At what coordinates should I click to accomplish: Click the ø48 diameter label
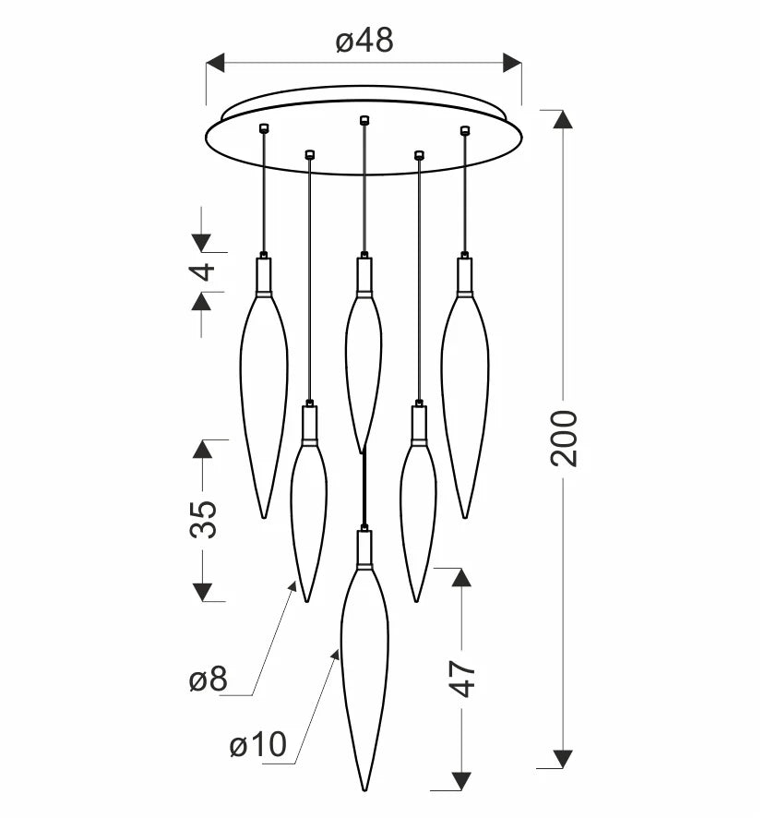[x=364, y=41]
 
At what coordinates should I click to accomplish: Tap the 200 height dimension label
[x=563, y=439]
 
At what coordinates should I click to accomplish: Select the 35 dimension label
[x=203, y=519]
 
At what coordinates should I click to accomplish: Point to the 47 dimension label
[x=462, y=679]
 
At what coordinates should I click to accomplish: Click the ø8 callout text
[x=209, y=680]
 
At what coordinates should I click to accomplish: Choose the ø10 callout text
[x=258, y=744]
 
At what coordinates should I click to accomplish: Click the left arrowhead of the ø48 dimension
[x=215, y=63]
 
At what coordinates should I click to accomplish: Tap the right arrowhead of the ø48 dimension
[x=512, y=63]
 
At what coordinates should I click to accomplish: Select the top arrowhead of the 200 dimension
[x=563, y=119]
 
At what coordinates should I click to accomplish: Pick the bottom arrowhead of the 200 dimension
[x=563, y=759]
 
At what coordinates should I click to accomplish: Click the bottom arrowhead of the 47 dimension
[x=461, y=781]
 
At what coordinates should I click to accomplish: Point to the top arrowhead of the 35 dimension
[x=202, y=450]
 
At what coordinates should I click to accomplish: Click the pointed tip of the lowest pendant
[x=364, y=789]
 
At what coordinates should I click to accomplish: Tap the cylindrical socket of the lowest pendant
[x=364, y=549]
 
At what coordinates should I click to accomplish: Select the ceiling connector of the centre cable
[x=364, y=120]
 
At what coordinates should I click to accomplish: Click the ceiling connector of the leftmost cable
[x=263, y=126]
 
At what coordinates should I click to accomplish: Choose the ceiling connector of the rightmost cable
[x=465, y=130]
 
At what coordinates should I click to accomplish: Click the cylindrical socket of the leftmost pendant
[x=264, y=276]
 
